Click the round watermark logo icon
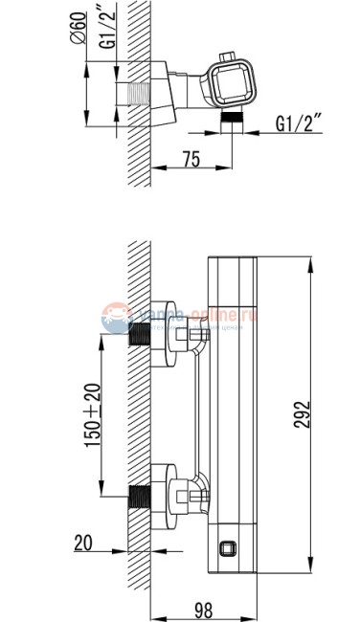[x=115, y=317]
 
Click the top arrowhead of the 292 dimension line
[x=314, y=259]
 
